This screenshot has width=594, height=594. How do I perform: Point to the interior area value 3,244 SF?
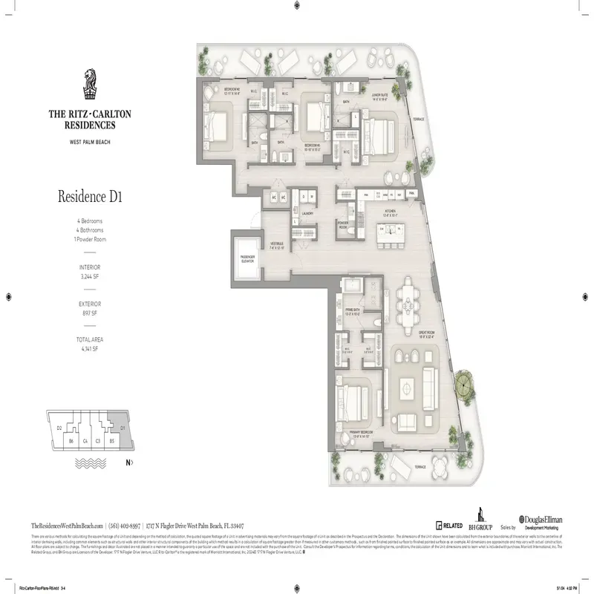coord(90,274)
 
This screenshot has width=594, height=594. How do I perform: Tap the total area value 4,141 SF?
coord(90,347)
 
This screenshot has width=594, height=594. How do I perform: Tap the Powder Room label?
coord(344,226)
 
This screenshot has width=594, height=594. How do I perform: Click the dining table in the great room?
coord(408,299)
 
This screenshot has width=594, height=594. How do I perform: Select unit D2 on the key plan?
coord(59,428)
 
